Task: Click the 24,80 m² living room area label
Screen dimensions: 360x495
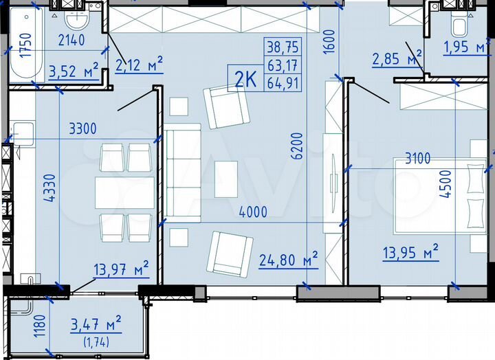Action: click(288, 259)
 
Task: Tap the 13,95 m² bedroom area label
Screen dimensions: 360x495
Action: click(411, 254)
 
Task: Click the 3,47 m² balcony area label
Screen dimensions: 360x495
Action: click(96, 322)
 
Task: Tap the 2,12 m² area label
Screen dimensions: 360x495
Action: click(139, 65)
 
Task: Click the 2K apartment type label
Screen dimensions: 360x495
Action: click(246, 79)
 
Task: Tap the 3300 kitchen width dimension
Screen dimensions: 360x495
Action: click(82, 128)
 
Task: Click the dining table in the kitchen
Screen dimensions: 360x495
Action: click(124, 192)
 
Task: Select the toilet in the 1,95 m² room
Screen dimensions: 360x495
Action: click(459, 27)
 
